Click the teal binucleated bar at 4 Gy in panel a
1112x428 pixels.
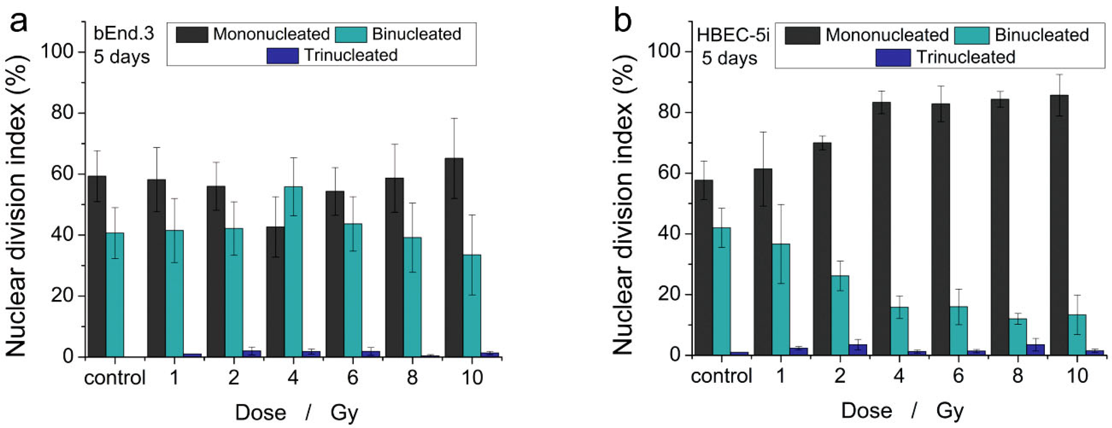[x=294, y=272]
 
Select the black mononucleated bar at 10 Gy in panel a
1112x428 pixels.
[x=454, y=257]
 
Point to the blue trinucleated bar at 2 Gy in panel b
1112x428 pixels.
[x=858, y=350]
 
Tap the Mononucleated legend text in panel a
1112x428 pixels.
[x=271, y=34]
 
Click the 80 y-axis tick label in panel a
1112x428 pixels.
[x=62, y=113]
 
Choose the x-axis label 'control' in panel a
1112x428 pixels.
[x=115, y=378]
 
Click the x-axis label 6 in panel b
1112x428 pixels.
[x=958, y=376]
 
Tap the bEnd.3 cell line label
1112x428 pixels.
[x=123, y=34]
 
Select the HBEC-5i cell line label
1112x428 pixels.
[x=733, y=35]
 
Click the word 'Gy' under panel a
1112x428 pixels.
[x=344, y=413]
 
